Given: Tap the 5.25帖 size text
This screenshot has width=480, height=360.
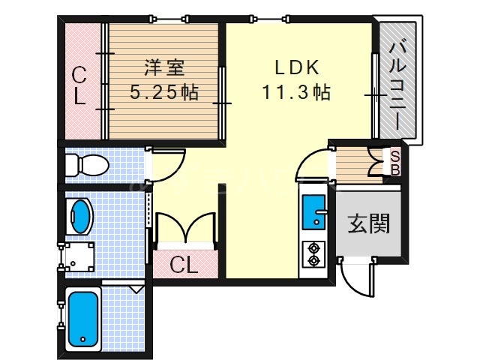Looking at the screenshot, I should (x=164, y=94).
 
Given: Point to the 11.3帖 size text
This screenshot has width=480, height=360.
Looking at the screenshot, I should (x=297, y=94).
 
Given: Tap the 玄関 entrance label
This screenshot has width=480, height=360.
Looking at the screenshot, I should (x=367, y=223).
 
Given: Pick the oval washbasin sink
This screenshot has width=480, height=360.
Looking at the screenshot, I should (x=79, y=216).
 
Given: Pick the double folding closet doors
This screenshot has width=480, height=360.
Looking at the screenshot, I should (x=185, y=228).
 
